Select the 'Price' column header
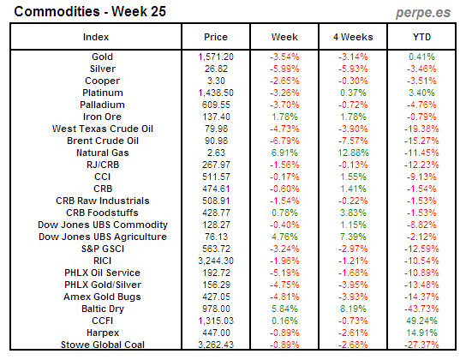pos(216,37)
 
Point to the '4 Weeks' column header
pos(353,37)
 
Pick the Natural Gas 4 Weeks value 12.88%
pos(353,152)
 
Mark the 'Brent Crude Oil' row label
pos(96,140)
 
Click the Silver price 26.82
pos(216,68)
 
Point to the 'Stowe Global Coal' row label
pos(96,344)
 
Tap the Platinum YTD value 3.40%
pos(422,92)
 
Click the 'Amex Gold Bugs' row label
pos(96,296)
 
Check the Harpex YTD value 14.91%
pos(422,332)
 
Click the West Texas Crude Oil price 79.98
pos(216,128)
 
